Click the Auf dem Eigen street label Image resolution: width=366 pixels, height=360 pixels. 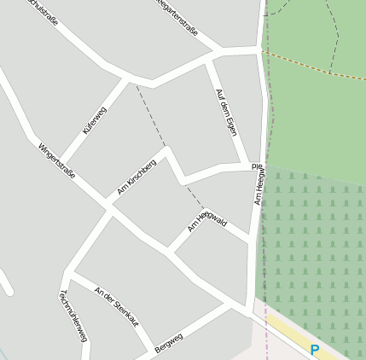226,113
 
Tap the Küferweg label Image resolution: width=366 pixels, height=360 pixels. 94,121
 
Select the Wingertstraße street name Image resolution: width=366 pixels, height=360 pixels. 56,160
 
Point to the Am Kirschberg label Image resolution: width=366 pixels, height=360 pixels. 137,177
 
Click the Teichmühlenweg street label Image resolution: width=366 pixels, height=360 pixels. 73,316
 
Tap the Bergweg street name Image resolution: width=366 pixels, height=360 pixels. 171,341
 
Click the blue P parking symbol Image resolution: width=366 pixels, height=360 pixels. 315,350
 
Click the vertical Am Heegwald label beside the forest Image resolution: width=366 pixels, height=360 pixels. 257,183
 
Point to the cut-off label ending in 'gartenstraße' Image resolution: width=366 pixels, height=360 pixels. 177,17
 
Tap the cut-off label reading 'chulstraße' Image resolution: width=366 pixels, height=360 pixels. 42,11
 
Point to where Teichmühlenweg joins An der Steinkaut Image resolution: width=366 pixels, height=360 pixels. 67,274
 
